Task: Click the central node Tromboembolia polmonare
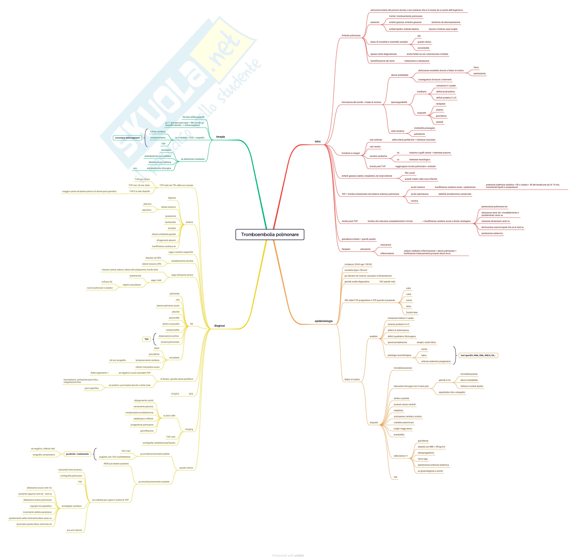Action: pyautogui.click(x=270, y=234)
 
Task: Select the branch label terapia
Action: pyautogui.click(x=220, y=137)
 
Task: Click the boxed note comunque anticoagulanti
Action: pyautogui.click(x=127, y=138)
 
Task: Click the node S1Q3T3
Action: pyautogui.click(x=175, y=394)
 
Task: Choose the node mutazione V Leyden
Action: pyautogui.click(x=446, y=86)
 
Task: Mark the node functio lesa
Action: pyautogui.click(x=412, y=312)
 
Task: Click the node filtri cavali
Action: pyautogui.click(x=410, y=173)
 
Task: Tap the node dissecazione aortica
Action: pyautogui.click(x=169, y=336)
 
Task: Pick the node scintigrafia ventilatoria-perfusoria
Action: pyautogui.click(x=159, y=443)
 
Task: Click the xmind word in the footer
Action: pyautogui.click(x=299, y=555)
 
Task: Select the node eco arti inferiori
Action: pyautogui.click(x=74, y=530)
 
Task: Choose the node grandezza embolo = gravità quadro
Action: pyautogui.click(x=358, y=239)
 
